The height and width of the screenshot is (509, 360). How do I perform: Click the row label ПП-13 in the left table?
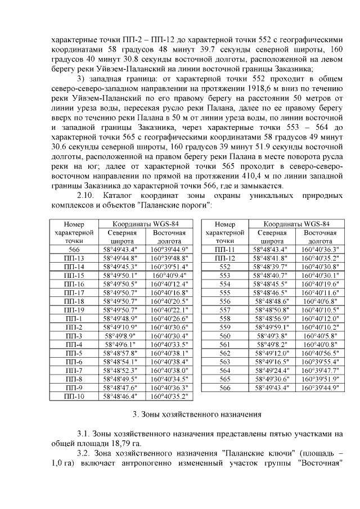coord(74,258)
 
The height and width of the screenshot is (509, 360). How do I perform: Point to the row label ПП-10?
coord(74,396)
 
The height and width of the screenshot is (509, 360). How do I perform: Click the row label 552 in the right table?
coord(225,267)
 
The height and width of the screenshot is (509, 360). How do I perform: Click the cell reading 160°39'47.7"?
coord(319,370)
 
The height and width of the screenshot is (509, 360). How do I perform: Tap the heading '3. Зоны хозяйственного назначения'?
coord(196,415)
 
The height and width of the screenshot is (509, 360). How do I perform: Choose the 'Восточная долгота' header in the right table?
coord(319,236)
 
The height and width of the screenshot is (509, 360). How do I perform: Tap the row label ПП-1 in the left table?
coord(74,318)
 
